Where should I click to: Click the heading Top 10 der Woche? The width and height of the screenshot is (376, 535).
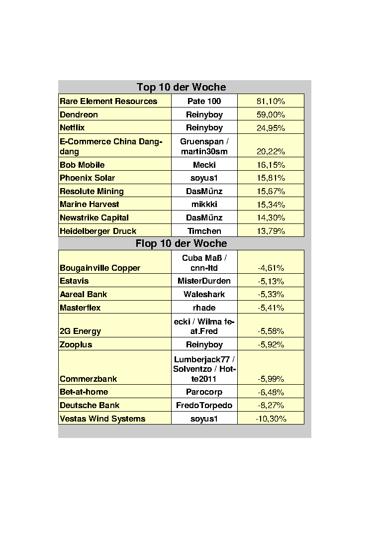coord(181,87)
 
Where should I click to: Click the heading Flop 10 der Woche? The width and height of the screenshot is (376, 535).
coord(181,243)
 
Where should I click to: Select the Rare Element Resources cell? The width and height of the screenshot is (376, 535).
coord(108,101)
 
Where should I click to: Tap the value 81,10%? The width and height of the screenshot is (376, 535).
coord(271,101)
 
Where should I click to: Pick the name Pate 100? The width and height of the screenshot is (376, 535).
coord(204,101)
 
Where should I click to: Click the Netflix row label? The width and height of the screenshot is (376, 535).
coord(72,128)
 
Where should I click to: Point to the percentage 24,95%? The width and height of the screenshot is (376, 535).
coord(271,128)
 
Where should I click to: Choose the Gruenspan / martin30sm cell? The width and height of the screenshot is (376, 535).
coord(204,146)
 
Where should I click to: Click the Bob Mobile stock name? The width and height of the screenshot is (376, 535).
coord(82,165)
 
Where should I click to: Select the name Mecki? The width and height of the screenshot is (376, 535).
coord(204,165)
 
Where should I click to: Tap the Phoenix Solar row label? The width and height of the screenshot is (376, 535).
coord(87,178)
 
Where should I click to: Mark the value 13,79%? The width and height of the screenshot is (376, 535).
coord(271,231)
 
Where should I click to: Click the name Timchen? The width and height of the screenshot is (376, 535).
coord(204,231)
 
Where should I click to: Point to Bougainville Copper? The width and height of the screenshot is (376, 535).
coord(100,268)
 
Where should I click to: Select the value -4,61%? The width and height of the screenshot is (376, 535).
coord(271,268)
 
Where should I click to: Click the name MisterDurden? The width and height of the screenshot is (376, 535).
coord(204,281)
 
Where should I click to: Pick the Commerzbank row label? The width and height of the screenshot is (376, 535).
coord(88,379)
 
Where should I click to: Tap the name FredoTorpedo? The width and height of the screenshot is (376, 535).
coord(204,405)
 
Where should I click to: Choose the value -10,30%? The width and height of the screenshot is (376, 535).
coord(271,419)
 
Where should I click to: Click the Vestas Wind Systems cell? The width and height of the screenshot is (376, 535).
coord(102,419)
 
